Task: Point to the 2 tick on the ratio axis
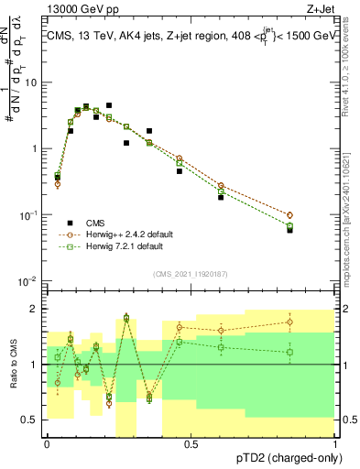coord(36,308)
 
